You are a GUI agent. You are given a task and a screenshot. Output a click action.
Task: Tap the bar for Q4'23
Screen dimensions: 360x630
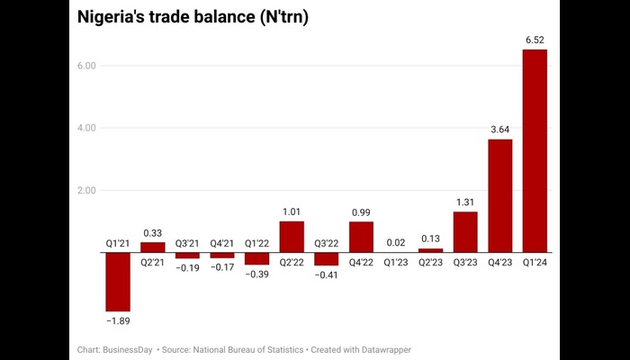pyautogui.click(x=499, y=195)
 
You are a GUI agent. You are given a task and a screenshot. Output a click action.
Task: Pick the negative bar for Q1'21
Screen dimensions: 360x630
pyautogui.click(x=118, y=282)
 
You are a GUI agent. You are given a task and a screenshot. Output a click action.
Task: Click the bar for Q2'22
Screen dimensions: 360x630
pyautogui.click(x=292, y=237)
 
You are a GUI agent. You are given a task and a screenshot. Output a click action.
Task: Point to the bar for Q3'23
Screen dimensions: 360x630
pyautogui.click(x=465, y=232)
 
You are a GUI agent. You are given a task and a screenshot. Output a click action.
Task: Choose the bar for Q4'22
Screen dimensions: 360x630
pyautogui.click(x=361, y=237)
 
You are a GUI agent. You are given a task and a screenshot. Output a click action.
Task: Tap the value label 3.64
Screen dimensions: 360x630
pyautogui.click(x=499, y=129)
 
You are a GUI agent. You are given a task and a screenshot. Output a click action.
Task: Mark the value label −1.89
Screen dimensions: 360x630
pyautogui.click(x=118, y=320)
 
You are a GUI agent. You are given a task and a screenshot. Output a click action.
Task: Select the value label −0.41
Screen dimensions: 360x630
pyautogui.click(x=326, y=274)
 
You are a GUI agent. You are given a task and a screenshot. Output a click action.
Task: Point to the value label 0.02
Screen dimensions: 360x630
pyautogui.click(x=396, y=241)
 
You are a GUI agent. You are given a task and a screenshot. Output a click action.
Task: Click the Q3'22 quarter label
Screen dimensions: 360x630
pyautogui.click(x=326, y=242)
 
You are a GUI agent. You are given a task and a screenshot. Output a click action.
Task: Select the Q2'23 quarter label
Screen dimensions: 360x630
pyautogui.click(x=430, y=263)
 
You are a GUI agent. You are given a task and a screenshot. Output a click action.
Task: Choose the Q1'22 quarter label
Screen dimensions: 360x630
pyautogui.click(x=256, y=242)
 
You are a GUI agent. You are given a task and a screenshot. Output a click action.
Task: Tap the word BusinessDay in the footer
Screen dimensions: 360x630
pyautogui.click(x=127, y=348)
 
